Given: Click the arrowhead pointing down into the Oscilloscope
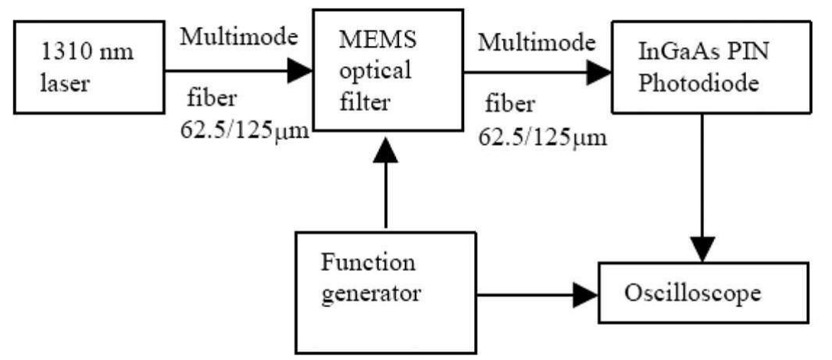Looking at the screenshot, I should (x=703, y=251).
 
